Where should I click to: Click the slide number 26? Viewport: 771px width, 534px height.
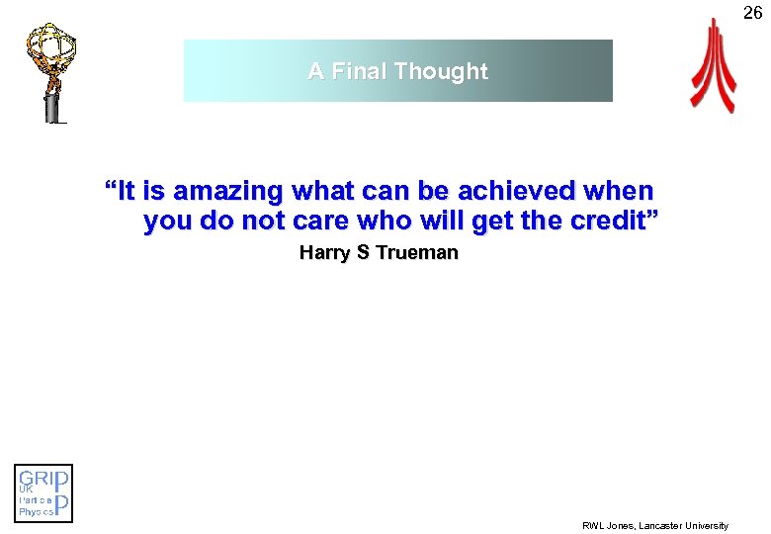click(x=752, y=13)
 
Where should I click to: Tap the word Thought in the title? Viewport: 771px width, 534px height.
click(x=441, y=71)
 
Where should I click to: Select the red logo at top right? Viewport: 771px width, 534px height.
click(x=713, y=67)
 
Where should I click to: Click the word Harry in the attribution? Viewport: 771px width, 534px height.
click(x=325, y=253)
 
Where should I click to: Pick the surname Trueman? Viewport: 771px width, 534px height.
click(x=416, y=253)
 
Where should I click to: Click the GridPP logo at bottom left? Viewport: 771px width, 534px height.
click(x=43, y=492)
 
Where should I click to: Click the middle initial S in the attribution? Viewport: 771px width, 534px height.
click(x=363, y=253)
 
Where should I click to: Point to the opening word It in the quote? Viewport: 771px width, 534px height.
click(x=128, y=190)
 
